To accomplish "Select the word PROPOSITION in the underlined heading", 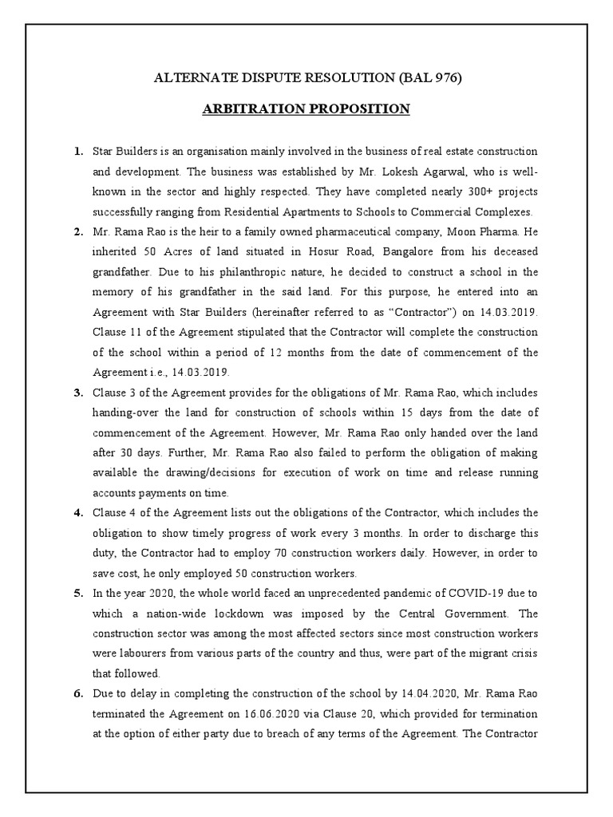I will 358,109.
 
